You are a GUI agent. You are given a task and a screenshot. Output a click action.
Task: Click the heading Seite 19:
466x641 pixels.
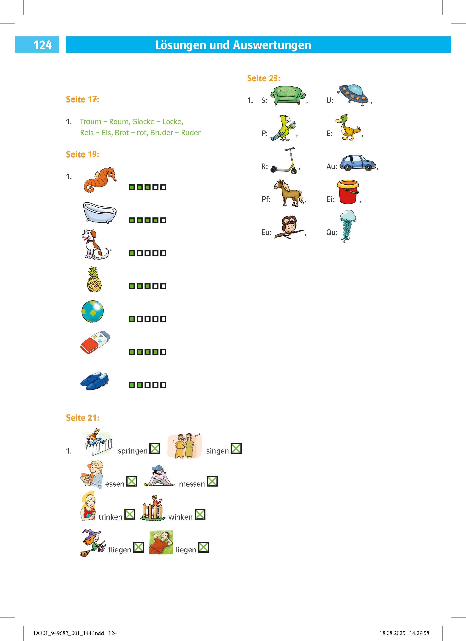click(83, 154)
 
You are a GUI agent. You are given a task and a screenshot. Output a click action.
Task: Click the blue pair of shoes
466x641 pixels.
click(94, 381)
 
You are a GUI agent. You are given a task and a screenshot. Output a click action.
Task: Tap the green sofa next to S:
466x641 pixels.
click(288, 96)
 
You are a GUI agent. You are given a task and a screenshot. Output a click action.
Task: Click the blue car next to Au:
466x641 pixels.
click(358, 163)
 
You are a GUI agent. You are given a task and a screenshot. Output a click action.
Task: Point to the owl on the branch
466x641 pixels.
click(289, 227)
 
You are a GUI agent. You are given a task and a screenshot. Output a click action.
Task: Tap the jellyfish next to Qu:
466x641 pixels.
click(347, 226)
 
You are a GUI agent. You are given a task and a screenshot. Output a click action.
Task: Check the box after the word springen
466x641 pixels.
click(155, 448)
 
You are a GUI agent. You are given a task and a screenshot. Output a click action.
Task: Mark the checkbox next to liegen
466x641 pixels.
click(204, 547)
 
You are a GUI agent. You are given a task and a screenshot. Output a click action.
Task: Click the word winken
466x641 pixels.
click(180, 517)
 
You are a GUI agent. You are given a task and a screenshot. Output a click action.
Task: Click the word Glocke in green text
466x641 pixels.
click(143, 122)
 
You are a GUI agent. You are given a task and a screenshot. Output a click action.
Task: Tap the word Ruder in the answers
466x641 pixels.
click(191, 133)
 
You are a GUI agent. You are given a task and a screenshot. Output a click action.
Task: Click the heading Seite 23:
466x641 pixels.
click(264, 78)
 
